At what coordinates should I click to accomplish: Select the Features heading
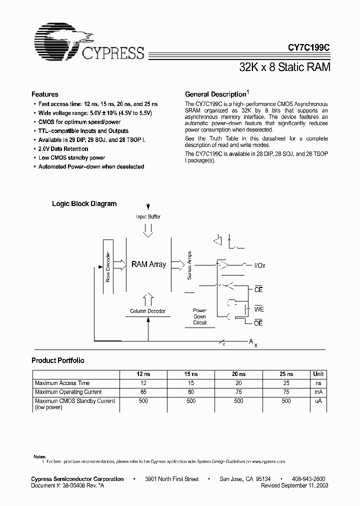(x=45, y=94)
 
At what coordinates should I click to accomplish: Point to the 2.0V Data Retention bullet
(x=63, y=148)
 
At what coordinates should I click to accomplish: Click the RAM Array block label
(x=148, y=264)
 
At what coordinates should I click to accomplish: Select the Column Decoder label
(x=147, y=311)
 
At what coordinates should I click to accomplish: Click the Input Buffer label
(x=148, y=216)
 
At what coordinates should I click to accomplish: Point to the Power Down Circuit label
(x=199, y=316)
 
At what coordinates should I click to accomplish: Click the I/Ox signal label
(x=260, y=265)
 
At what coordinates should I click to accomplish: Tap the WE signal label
(x=258, y=309)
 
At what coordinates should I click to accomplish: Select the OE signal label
(x=258, y=323)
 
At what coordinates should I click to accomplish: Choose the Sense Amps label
(x=189, y=265)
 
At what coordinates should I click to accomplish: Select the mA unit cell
(x=318, y=392)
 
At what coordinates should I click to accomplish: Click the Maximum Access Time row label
(x=62, y=383)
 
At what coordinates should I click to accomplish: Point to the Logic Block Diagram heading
(x=84, y=203)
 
